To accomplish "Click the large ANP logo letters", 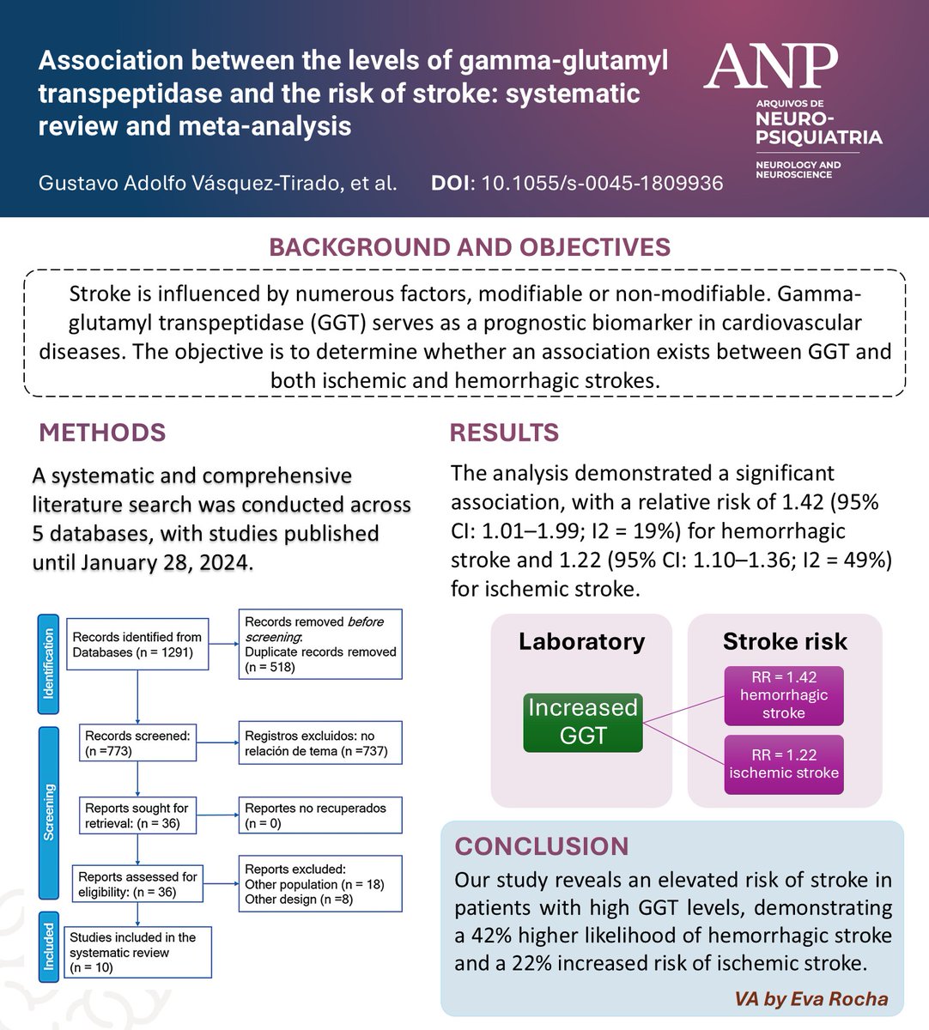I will coord(770,68).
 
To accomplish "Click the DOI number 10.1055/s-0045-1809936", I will coord(600,183).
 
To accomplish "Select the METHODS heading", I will coord(103,433).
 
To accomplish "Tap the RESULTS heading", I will coord(504,433).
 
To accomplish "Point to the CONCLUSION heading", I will coord(542,846).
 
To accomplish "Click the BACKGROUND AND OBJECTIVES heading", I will coord(469,247).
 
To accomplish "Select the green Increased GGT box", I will coord(583,722).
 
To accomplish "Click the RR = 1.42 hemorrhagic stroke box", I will coord(784,695).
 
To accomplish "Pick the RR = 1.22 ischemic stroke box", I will coord(784,763).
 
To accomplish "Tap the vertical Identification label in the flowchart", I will coord(49,663).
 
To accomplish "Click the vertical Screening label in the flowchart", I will coord(49,812).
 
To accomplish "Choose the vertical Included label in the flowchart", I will coord(49,945).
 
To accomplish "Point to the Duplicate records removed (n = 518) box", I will coord(320,644).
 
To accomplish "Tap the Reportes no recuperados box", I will coord(320,815).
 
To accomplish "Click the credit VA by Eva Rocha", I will coord(811,999).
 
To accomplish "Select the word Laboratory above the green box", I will coord(581,642).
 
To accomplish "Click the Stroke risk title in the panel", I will coord(785,642).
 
